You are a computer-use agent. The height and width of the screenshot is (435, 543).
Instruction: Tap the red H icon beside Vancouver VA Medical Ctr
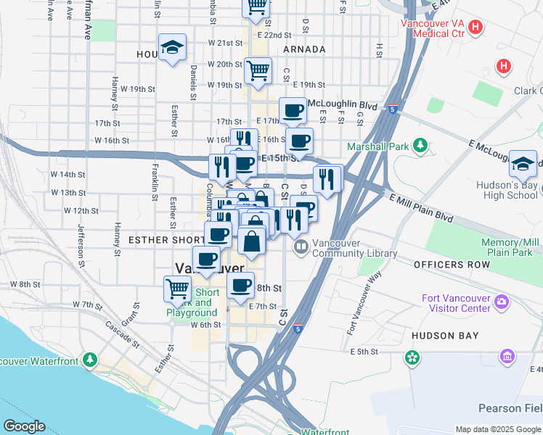tap(475, 28)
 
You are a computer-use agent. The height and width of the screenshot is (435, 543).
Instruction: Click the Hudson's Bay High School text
tap(507, 190)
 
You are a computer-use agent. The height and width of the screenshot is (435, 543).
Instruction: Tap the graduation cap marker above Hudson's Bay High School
tap(523, 165)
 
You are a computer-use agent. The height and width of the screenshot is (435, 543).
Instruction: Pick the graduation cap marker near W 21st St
tap(173, 48)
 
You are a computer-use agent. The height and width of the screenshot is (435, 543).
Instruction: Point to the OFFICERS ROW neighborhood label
tap(452, 265)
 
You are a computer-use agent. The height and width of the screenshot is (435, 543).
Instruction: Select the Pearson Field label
tap(499, 408)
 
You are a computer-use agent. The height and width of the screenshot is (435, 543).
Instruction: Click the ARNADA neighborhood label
tap(304, 49)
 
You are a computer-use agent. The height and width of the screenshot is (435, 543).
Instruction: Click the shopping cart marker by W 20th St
tap(258, 71)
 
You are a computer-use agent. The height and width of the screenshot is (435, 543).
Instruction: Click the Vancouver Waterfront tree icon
tap(89, 360)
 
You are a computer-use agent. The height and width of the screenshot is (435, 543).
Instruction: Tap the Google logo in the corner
tap(23, 426)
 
